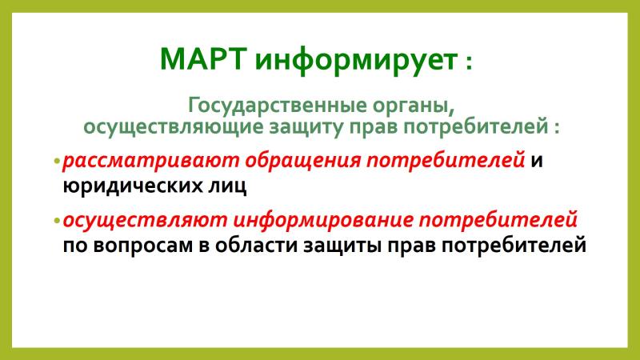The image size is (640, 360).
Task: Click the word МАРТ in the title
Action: click(204, 59)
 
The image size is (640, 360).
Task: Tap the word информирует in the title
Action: click(356, 62)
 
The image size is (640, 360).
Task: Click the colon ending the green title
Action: click(468, 63)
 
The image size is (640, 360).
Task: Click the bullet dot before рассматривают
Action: click(57, 161)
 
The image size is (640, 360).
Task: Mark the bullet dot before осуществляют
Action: click(57, 221)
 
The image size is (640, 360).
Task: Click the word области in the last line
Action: click(256, 245)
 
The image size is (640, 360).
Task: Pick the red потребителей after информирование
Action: click(498, 220)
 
